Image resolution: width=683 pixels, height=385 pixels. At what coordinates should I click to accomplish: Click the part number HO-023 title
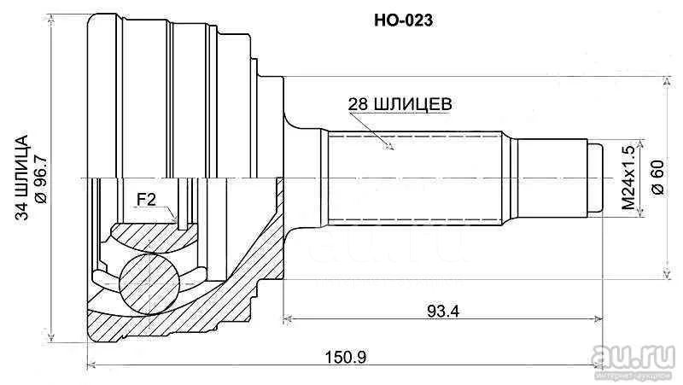point(403,20)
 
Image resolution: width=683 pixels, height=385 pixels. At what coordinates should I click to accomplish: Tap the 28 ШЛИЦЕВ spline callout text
point(400,104)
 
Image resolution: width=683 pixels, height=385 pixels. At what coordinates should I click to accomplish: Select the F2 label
point(146,200)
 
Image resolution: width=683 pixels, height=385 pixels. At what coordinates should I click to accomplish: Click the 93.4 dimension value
point(443,311)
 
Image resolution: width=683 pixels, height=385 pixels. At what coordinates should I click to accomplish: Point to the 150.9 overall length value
point(346,358)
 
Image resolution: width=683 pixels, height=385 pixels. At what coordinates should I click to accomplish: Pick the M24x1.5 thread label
point(628,178)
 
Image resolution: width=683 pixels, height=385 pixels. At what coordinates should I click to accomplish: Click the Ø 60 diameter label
point(658,178)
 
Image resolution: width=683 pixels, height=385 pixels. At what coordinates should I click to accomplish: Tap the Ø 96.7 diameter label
point(40,178)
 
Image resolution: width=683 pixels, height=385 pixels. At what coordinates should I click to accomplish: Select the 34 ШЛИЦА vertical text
point(21,178)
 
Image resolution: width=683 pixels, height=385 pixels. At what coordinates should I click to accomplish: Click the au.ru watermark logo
point(633,356)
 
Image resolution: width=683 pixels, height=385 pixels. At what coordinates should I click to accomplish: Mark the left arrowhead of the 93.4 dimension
point(287,319)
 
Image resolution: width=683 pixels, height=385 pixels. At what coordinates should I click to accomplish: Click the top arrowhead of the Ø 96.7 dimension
point(52,19)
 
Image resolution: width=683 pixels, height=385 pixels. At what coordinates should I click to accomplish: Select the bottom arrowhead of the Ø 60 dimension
point(667,273)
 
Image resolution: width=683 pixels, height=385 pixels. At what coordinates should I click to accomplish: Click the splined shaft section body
point(414,178)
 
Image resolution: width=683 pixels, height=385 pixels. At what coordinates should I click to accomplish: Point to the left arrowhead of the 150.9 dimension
point(91,365)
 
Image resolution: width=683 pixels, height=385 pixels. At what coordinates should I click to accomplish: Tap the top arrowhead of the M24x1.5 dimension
point(640,145)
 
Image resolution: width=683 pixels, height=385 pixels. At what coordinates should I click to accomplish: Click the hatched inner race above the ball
point(150,237)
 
